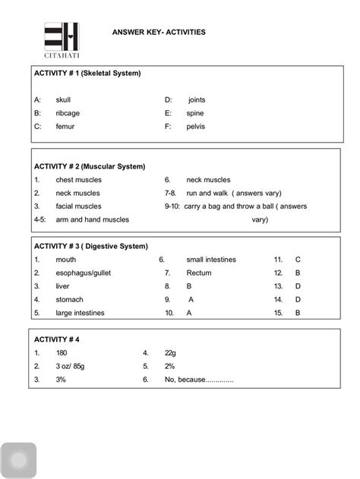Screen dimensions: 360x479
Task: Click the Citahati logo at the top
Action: [62, 40]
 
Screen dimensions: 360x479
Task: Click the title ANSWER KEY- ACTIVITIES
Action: [158, 33]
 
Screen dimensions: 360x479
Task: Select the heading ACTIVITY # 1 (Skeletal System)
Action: [87, 74]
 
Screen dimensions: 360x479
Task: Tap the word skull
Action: [65, 99]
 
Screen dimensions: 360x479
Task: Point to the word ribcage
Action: [68, 113]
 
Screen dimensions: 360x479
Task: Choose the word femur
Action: [66, 127]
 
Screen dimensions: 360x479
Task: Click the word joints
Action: [196, 99]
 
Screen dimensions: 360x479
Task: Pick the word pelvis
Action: [195, 127]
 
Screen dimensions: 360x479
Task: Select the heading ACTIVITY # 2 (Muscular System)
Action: [90, 166]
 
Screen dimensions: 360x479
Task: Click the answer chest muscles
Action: [78, 180]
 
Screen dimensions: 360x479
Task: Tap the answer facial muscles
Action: [78, 206]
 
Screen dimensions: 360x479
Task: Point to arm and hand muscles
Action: [92, 219]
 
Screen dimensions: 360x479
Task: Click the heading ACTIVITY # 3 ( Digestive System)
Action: [90, 246]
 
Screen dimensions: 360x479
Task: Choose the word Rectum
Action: [199, 273]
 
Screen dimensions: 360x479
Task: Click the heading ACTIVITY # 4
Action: [57, 339]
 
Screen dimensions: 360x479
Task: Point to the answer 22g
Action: [170, 353]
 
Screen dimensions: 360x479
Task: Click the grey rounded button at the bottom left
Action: [18, 460]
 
